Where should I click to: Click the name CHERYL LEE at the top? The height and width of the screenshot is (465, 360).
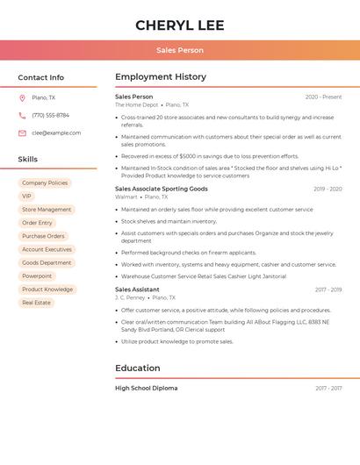[180, 25]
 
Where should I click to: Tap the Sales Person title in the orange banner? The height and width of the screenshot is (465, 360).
[180, 50]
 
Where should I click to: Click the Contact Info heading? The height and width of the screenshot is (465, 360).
[40, 77]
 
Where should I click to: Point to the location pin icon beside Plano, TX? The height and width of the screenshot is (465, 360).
[22, 97]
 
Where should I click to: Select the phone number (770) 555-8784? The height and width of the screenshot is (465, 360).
[50, 115]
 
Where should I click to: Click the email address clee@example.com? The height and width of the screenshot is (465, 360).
[56, 132]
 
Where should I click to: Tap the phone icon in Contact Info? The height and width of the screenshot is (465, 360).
[22, 115]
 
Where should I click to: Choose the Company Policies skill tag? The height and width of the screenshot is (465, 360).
[45, 183]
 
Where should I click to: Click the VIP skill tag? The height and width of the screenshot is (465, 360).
[27, 197]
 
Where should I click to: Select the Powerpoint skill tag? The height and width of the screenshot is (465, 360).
[37, 276]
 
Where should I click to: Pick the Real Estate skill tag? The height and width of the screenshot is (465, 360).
[36, 303]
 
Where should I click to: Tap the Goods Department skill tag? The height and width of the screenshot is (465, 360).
[47, 263]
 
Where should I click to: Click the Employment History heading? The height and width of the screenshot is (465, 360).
[161, 77]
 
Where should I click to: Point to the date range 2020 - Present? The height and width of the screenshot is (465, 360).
[323, 97]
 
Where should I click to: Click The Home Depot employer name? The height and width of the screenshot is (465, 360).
[137, 104]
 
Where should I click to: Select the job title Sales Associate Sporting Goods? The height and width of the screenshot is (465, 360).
[162, 189]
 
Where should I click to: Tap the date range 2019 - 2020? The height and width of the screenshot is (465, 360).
[328, 189]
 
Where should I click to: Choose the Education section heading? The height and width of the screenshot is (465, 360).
[138, 368]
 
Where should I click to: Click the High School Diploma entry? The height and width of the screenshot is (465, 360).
[147, 388]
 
